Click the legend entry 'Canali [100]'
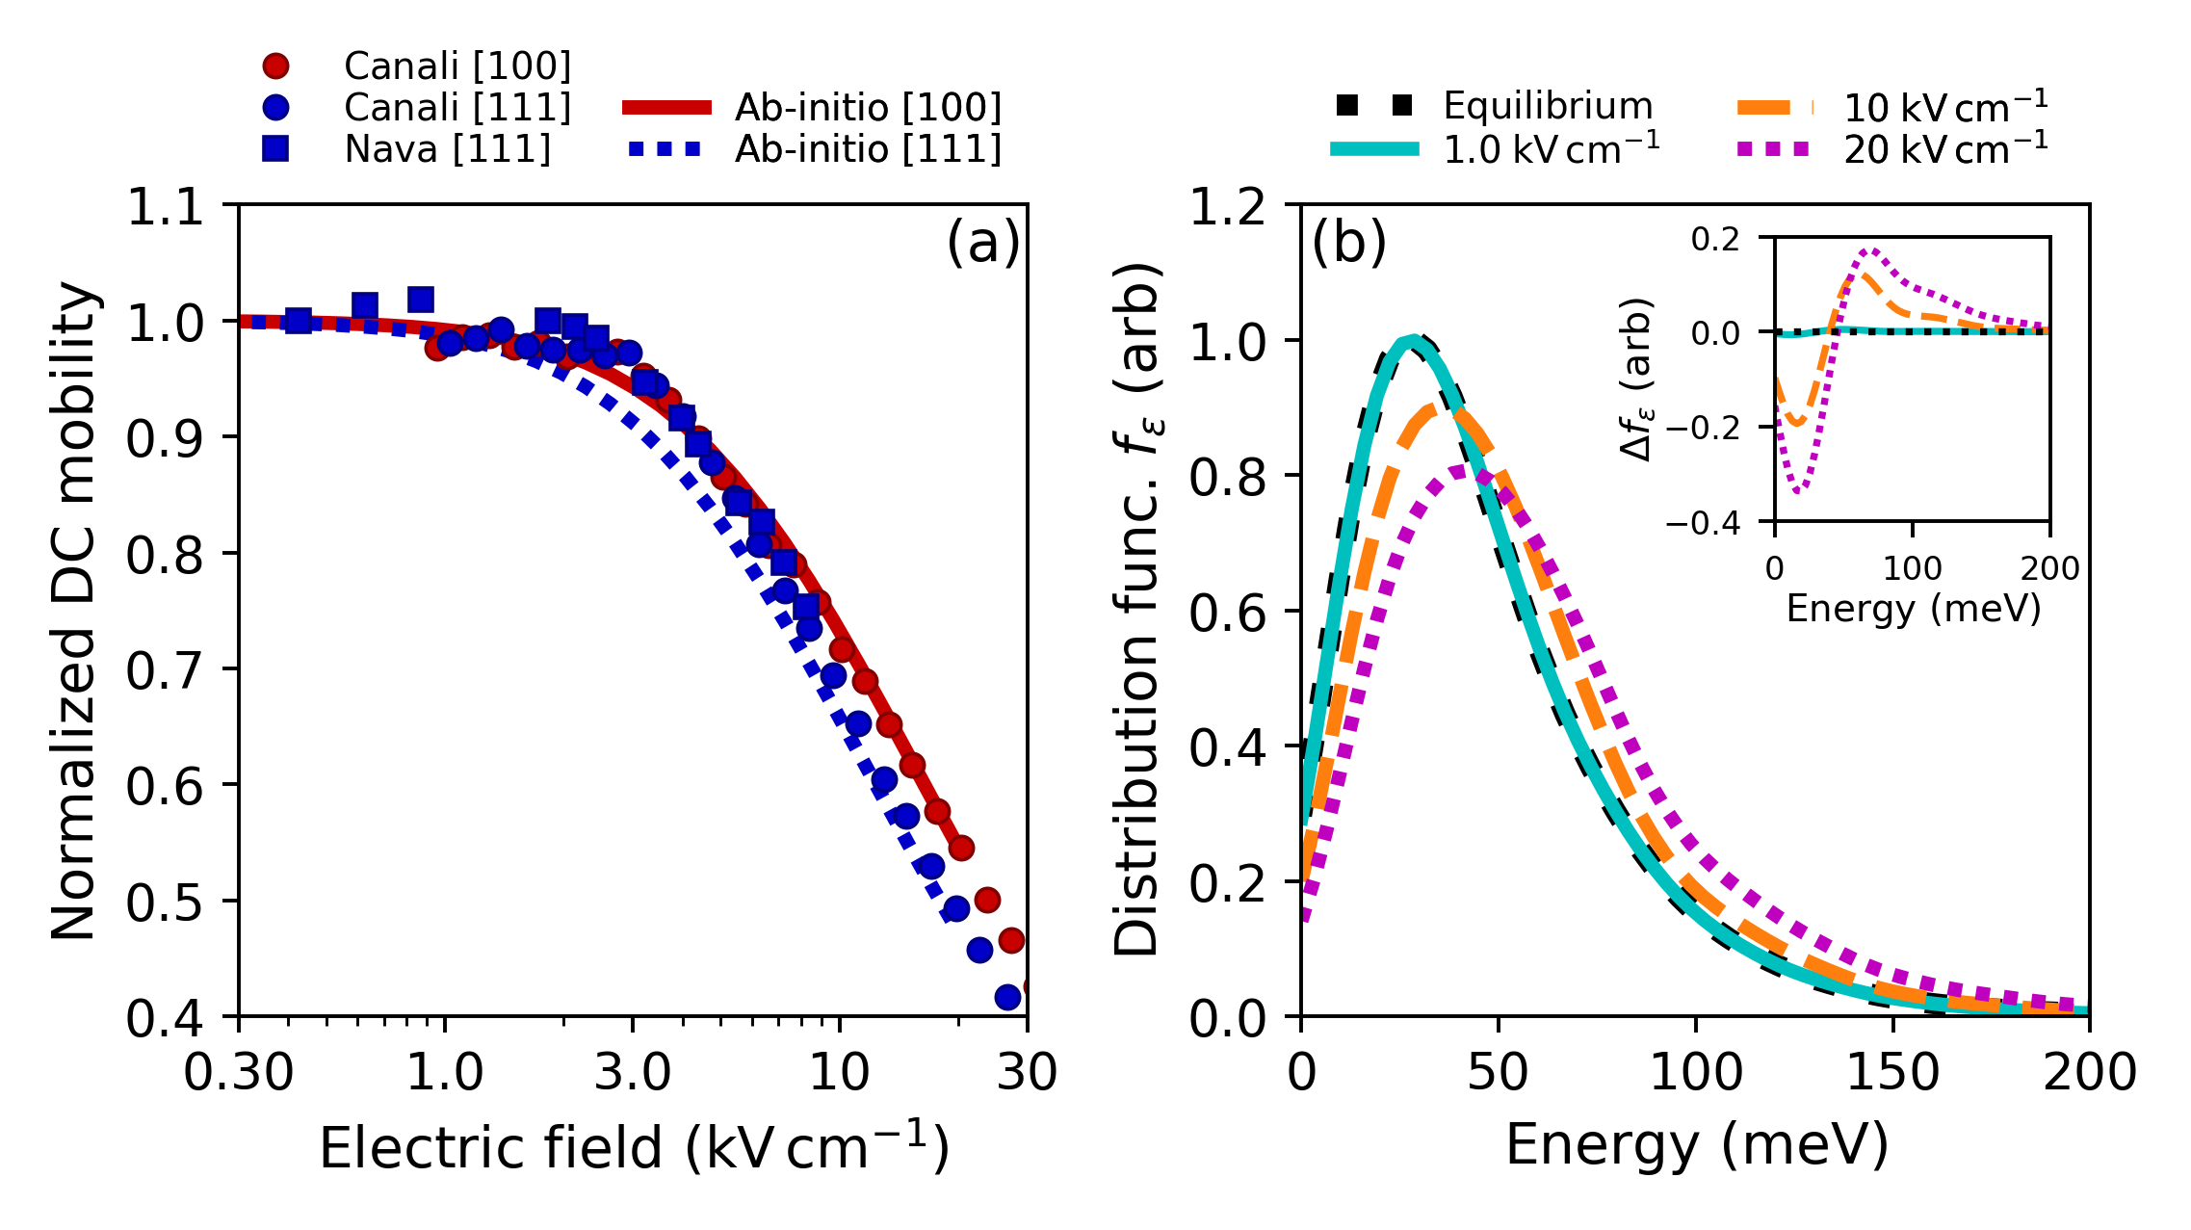coord(456,65)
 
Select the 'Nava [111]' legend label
coord(447,149)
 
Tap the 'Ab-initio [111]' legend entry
coord(867,149)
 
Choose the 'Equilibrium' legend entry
coord(1547,106)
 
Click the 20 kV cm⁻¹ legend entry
coord(1945,149)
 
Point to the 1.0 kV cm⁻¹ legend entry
coord(1551,149)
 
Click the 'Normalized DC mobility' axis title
coord(75,611)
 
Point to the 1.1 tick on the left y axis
coord(166,206)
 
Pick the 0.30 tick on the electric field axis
coord(239,1071)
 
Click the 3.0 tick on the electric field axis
coord(632,1071)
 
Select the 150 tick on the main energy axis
coord(1892,1071)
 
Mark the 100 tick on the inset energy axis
coord(1912,568)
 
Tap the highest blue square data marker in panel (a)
coord(421,300)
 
